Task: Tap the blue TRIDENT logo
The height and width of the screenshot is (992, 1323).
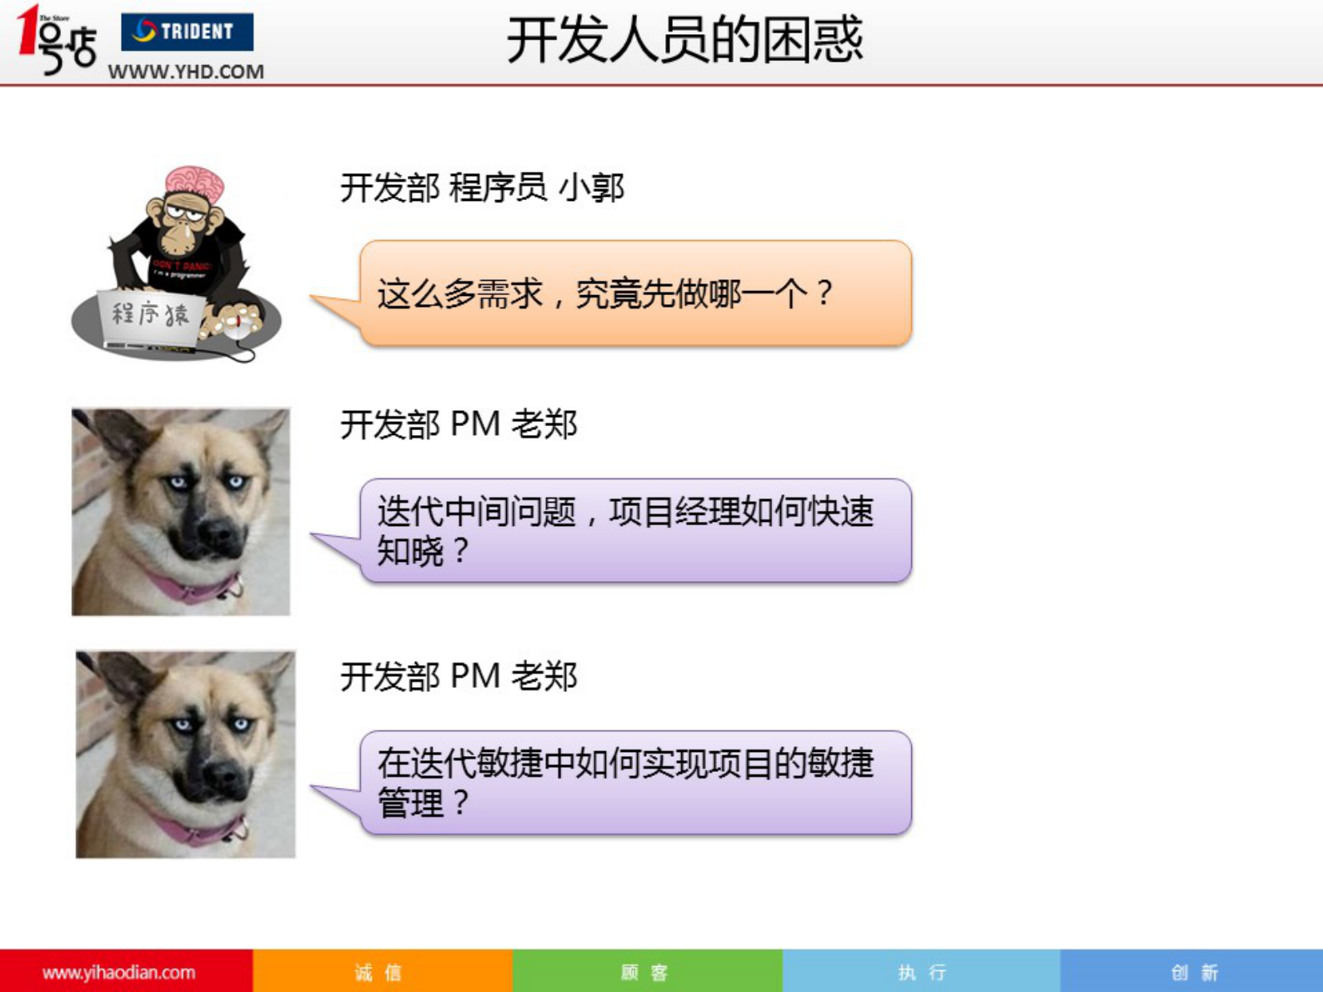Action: coord(187,32)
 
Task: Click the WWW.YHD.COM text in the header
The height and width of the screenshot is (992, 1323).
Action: coord(185,72)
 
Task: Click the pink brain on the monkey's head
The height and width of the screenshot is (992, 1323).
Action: coord(195,181)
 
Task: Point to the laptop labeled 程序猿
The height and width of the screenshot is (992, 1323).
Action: coord(150,317)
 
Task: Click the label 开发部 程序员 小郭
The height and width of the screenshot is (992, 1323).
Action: coord(481,188)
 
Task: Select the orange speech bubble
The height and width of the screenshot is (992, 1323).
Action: coord(635,293)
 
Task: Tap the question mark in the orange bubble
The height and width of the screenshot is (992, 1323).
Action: coord(824,293)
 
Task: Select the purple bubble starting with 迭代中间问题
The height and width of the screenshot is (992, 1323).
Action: coord(635,531)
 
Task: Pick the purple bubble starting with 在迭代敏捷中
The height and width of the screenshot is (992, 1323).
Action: coord(635,783)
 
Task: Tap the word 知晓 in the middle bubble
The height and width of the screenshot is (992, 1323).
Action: coord(410,551)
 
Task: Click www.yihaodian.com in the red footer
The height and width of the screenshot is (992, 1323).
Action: coord(118,972)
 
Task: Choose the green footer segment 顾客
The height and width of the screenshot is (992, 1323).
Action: coord(646,972)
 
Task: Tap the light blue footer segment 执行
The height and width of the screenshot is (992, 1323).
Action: coord(921,972)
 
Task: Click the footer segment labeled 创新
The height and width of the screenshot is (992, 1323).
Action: coord(1194,972)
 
